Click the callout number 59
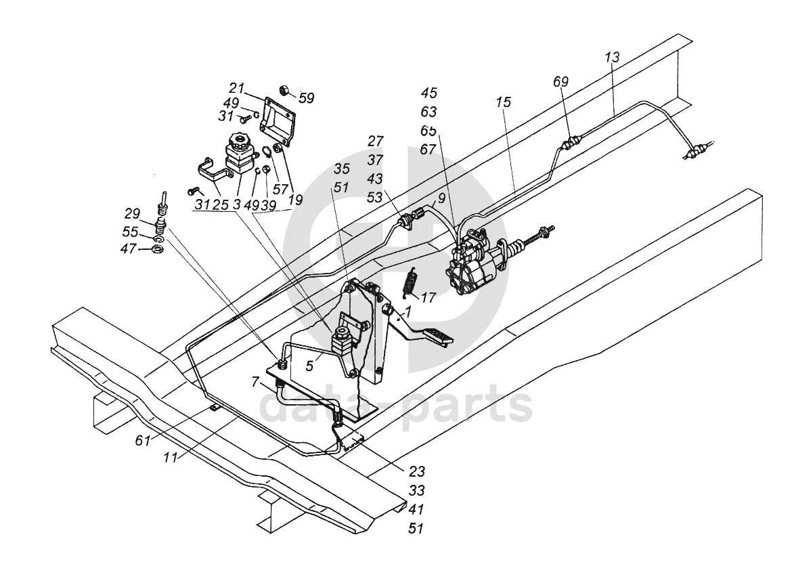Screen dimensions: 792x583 pos(306,98)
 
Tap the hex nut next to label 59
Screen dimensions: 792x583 pos(284,91)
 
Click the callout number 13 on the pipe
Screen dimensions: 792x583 pos(612,57)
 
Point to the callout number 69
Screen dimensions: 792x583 pos(560,81)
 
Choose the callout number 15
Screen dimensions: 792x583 pos(503,102)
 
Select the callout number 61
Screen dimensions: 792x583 pos(143,441)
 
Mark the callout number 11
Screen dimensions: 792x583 pos(171,458)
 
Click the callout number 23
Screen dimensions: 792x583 pos(417,471)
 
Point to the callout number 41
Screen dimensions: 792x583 pos(416,509)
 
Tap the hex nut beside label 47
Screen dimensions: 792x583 pos(157,249)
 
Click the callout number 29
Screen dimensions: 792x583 pos(132,213)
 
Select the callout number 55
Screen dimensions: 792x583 pos(131,232)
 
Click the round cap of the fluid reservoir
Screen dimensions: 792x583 pos(238,140)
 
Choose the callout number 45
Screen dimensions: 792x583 pos(428,93)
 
